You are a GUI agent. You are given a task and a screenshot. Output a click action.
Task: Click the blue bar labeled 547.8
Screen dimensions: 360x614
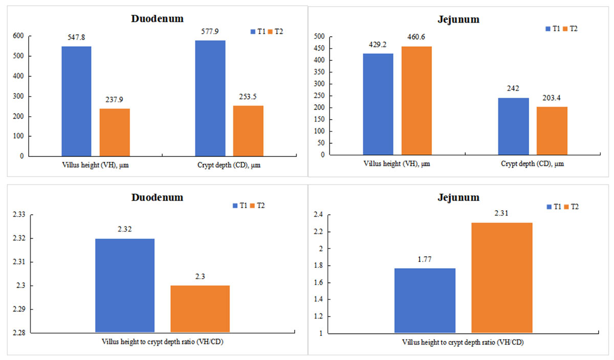tap(76, 101)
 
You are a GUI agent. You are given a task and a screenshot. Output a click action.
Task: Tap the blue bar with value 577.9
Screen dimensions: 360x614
tap(210, 98)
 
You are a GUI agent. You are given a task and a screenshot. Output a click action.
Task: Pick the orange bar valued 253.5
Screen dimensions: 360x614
tap(248, 131)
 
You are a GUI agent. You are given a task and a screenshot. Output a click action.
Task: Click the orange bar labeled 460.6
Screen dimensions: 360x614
tap(416, 101)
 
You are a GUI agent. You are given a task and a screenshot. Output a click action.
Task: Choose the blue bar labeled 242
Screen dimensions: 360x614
tap(513, 127)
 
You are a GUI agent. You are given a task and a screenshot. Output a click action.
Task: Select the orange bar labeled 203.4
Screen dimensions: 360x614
tap(552, 131)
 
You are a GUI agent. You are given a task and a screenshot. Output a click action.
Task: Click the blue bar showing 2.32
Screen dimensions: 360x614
tap(125, 285)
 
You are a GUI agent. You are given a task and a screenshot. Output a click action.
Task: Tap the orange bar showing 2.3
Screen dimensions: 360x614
tap(200, 309)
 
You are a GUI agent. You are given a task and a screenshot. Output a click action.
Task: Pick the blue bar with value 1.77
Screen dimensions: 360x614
tap(425, 301)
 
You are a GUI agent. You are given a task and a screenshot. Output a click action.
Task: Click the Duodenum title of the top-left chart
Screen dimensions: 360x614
tap(156, 18)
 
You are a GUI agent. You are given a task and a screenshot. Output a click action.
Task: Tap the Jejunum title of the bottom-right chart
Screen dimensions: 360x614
tap(462, 197)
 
